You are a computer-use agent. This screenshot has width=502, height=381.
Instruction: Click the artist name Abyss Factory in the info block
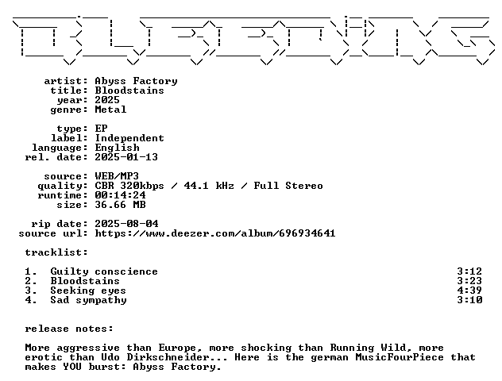pyautogui.click(x=136, y=81)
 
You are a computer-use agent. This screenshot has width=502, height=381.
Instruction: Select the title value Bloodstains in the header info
pyautogui.click(x=129, y=90)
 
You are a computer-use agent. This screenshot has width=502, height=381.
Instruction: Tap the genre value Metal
pyautogui.click(x=110, y=110)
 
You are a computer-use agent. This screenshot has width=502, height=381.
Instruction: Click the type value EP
pyautogui.click(x=101, y=129)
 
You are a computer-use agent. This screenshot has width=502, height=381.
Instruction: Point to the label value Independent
pyautogui.click(x=129, y=139)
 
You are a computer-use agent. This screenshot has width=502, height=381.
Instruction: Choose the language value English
pyautogui.click(x=118, y=148)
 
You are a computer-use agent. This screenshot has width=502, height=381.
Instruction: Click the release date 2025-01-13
pyautogui.click(x=126, y=157)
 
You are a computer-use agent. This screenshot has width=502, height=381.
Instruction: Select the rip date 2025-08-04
pyautogui.click(x=126, y=224)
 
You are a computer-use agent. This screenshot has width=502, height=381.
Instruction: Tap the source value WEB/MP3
pyautogui.click(x=117, y=176)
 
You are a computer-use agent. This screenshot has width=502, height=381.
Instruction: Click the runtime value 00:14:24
pyautogui.click(x=121, y=195)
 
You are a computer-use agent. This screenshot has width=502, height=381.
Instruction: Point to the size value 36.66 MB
pyautogui.click(x=121, y=205)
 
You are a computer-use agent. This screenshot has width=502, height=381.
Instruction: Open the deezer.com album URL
pyautogui.click(x=215, y=233)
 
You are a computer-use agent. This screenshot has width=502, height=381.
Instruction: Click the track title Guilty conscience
pyautogui.click(x=104, y=271)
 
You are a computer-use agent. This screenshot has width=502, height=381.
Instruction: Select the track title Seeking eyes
pyautogui.click(x=88, y=291)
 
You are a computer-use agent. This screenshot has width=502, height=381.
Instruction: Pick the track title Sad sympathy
pyautogui.click(x=89, y=300)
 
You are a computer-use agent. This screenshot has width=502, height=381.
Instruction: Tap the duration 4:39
pyautogui.click(x=469, y=291)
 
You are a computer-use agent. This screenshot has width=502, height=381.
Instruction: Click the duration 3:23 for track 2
pyautogui.click(x=469, y=281)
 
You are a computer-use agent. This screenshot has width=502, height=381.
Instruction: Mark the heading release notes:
pyautogui.click(x=69, y=329)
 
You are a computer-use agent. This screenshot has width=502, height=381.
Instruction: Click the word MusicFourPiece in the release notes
pyautogui.click(x=400, y=357)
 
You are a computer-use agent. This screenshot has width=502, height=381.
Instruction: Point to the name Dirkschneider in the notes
pyautogui.click(x=168, y=357)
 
